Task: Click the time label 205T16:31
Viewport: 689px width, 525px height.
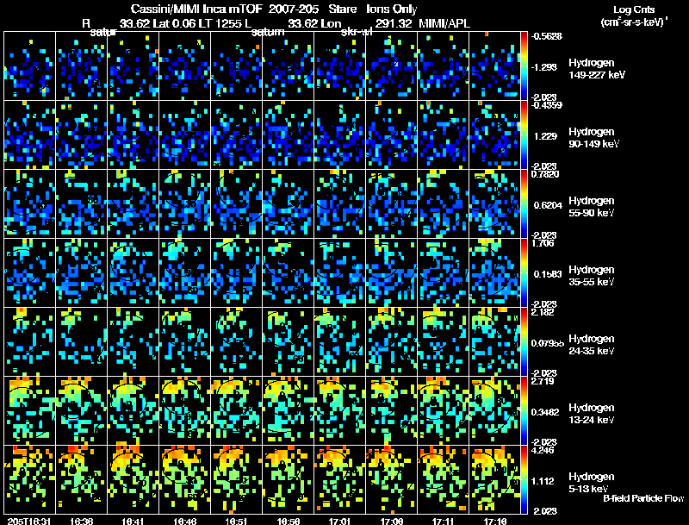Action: coord(28,520)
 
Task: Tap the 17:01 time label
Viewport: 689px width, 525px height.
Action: coord(340,520)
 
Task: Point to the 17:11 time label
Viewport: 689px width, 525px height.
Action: coord(444,520)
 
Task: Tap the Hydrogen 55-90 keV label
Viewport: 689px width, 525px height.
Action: coord(593,206)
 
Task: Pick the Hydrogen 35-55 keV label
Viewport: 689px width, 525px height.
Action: coord(593,276)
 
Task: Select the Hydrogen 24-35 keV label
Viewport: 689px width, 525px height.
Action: coord(593,345)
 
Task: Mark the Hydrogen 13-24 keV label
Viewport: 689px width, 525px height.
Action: coord(593,414)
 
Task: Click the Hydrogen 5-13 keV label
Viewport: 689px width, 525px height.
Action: coord(591,483)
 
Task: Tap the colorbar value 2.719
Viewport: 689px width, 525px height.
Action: coord(543,380)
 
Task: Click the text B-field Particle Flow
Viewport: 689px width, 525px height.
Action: coord(642,498)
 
